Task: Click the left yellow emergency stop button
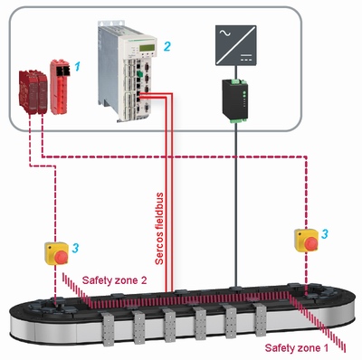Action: pos(56,253)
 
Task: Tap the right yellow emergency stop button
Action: pos(304,241)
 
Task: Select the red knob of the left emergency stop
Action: pos(59,259)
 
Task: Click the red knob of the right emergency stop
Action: pos(307,245)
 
